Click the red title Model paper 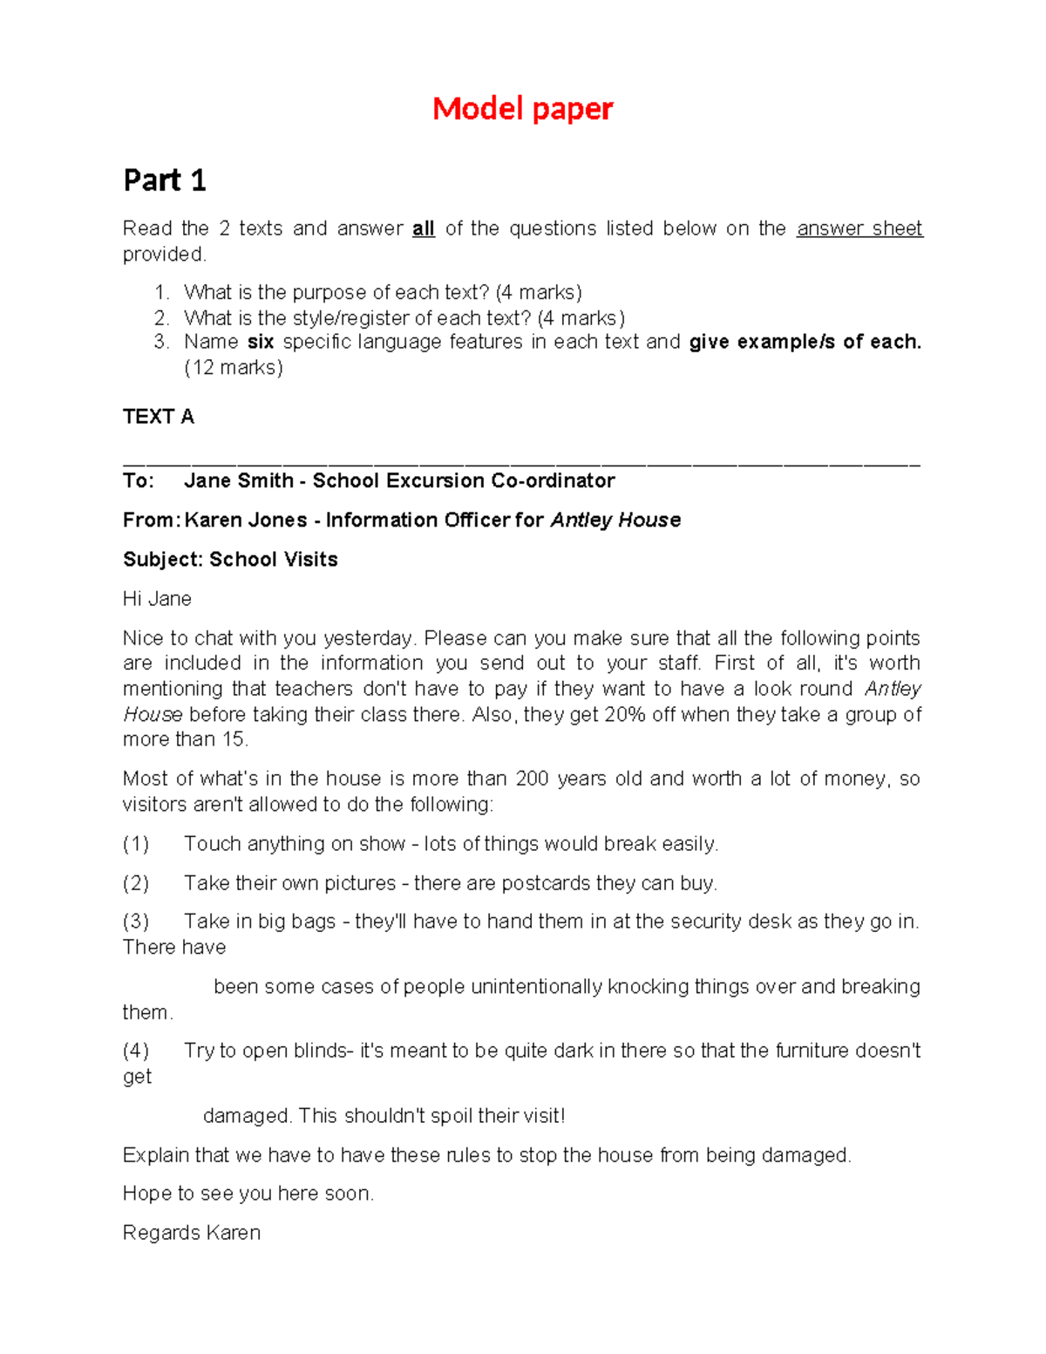(x=522, y=109)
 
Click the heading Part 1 (x=165, y=180)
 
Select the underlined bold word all (x=424, y=228)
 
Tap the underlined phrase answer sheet (x=859, y=228)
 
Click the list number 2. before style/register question (x=161, y=317)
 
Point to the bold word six (x=261, y=342)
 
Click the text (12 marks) (x=234, y=367)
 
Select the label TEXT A (x=159, y=417)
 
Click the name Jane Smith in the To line (x=239, y=480)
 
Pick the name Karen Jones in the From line (x=246, y=520)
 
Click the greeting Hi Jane (x=157, y=599)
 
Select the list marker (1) (x=136, y=844)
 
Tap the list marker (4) (x=136, y=1051)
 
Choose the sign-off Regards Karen (x=192, y=1233)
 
